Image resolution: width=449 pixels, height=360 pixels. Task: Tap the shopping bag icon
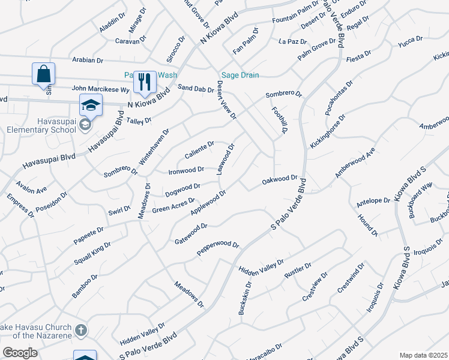tap(43, 74)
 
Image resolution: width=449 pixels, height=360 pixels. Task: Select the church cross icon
tap(80, 330)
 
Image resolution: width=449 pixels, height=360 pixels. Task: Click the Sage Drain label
tap(240, 75)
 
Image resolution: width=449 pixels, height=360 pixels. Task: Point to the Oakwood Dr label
tap(280, 179)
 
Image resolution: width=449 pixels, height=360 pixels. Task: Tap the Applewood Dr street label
tap(208, 203)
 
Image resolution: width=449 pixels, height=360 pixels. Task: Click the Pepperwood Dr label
tap(218, 248)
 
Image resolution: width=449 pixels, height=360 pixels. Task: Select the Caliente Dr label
tap(199, 150)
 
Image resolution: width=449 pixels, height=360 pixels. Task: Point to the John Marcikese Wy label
tap(100, 89)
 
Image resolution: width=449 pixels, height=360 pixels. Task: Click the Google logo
tap(20, 353)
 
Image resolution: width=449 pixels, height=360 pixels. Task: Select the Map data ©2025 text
tap(423, 355)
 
